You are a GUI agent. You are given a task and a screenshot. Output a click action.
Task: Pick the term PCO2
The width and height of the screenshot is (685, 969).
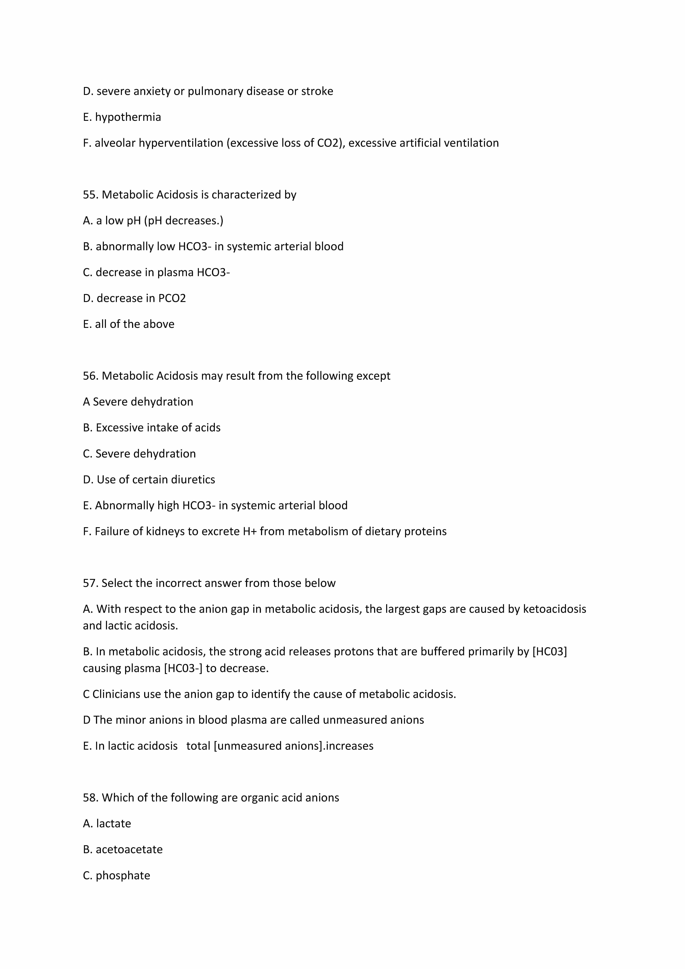pyautogui.click(x=172, y=298)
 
